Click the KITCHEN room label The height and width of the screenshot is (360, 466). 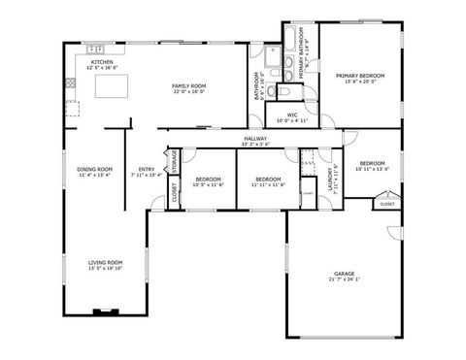[x=102, y=61]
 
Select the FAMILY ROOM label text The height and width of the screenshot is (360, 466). [x=188, y=86]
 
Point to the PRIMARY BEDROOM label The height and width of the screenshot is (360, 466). [x=360, y=75]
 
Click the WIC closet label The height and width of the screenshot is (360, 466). [x=290, y=115]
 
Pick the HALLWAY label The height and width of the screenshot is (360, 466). [x=255, y=140]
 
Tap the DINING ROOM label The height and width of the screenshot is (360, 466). [x=94, y=170]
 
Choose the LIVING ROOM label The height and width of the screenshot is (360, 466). [x=106, y=262]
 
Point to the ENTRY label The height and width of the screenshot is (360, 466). [x=147, y=170]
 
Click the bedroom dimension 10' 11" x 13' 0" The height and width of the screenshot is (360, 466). [x=372, y=169]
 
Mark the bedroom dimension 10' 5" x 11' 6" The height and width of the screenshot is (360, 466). [x=209, y=184]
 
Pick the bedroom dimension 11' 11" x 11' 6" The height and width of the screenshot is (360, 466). [x=268, y=184]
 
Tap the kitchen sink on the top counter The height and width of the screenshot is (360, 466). [x=95, y=49]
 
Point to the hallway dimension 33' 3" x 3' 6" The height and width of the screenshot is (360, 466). [x=255, y=146]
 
